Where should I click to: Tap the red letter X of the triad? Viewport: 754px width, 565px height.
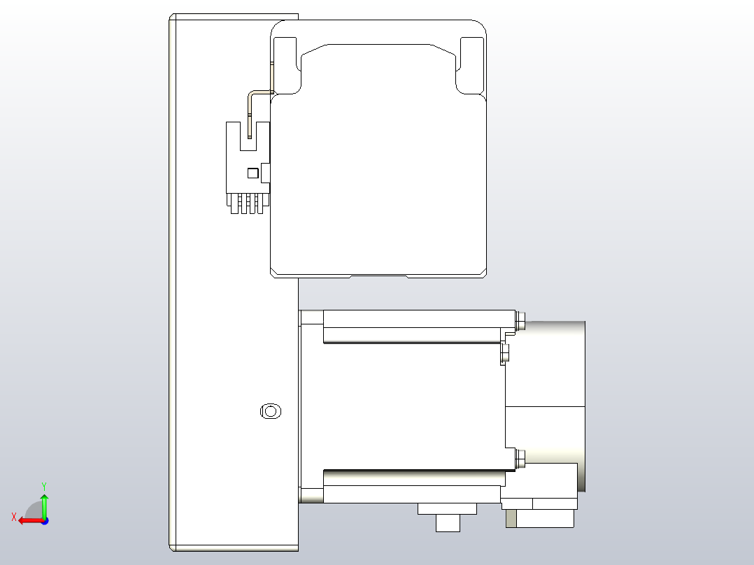(x=14, y=517)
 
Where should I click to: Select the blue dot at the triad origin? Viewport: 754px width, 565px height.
(x=44, y=520)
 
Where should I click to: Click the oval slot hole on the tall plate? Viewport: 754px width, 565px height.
(x=270, y=411)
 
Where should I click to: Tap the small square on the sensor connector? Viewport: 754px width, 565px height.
(x=252, y=172)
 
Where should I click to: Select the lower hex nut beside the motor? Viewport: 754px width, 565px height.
(x=520, y=459)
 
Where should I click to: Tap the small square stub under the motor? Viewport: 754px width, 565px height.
(x=448, y=523)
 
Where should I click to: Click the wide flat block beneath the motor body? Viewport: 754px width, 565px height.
(x=447, y=508)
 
